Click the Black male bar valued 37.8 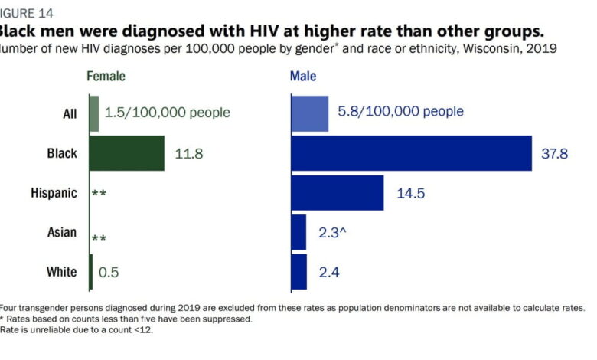coord(411,153)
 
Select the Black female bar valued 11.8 coord(126,153)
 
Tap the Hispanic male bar coord(337,192)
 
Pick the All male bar coord(309,113)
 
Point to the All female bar coord(94,113)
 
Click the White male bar coord(298,272)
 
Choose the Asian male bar coord(298,232)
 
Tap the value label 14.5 coord(411,193)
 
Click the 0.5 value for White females coord(109,272)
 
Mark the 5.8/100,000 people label coord(400,112)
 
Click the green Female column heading coord(106,77)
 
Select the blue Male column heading coord(303,77)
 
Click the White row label coord(61,272)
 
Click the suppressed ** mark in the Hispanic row coord(99,194)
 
